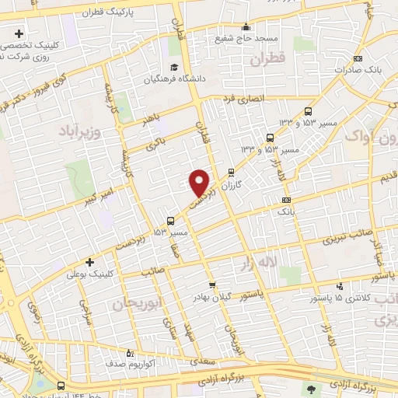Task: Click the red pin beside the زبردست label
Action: click(x=200, y=181)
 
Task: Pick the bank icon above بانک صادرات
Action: click(x=357, y=58)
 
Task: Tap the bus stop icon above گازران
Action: click(x=230, y=173)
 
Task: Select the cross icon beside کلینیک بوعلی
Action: click(x=91, y=262)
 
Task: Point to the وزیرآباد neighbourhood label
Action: click(x=80, y=131)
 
